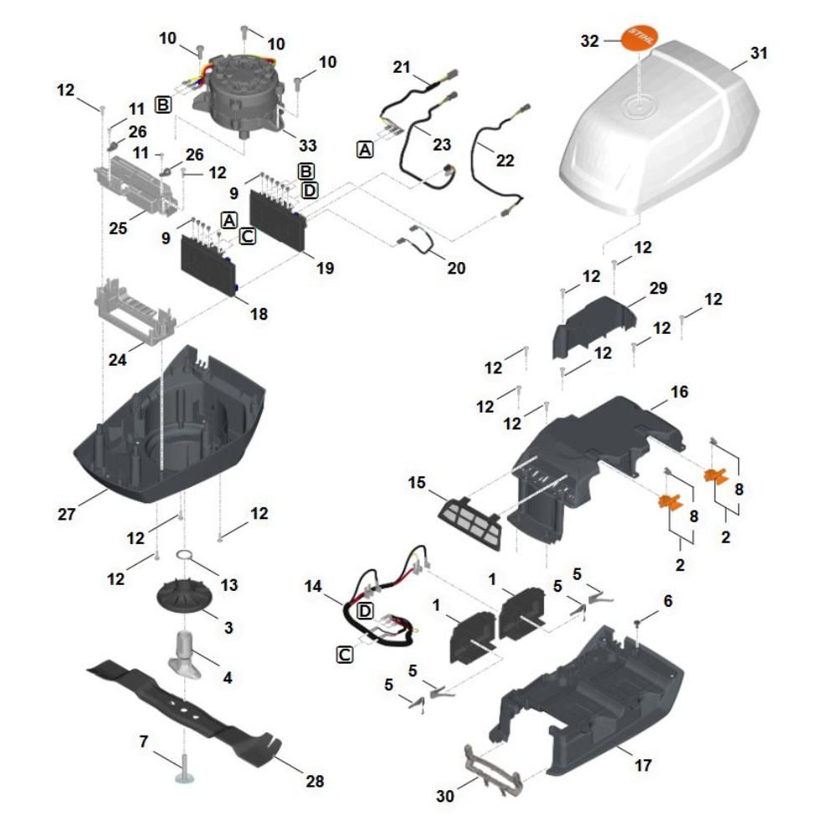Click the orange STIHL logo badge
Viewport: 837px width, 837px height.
[x=639, y=38]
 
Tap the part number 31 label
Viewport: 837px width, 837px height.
[x=758, y=54]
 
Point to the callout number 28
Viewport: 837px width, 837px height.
[x=315, y=782]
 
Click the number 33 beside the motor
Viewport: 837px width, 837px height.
[x=308, y=146]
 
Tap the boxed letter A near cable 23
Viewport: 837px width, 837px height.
[x=365, y=150]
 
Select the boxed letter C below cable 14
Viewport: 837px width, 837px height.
[x=345, y=655]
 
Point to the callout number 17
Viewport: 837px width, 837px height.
[x=643, y=766]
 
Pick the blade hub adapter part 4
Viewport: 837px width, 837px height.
[x=185, y=655]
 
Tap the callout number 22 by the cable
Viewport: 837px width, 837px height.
[x=505, y=161]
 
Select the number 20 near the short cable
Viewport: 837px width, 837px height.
[x=456, y=268]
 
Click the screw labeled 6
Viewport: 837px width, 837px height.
[x=637, y=623]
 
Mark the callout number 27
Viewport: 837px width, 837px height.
[x=66, y=514]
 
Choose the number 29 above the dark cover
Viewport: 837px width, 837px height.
[x=658, y=288]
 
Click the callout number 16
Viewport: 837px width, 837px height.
[x=679, y=392]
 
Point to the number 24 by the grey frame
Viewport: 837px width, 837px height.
[x=117, y=360]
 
